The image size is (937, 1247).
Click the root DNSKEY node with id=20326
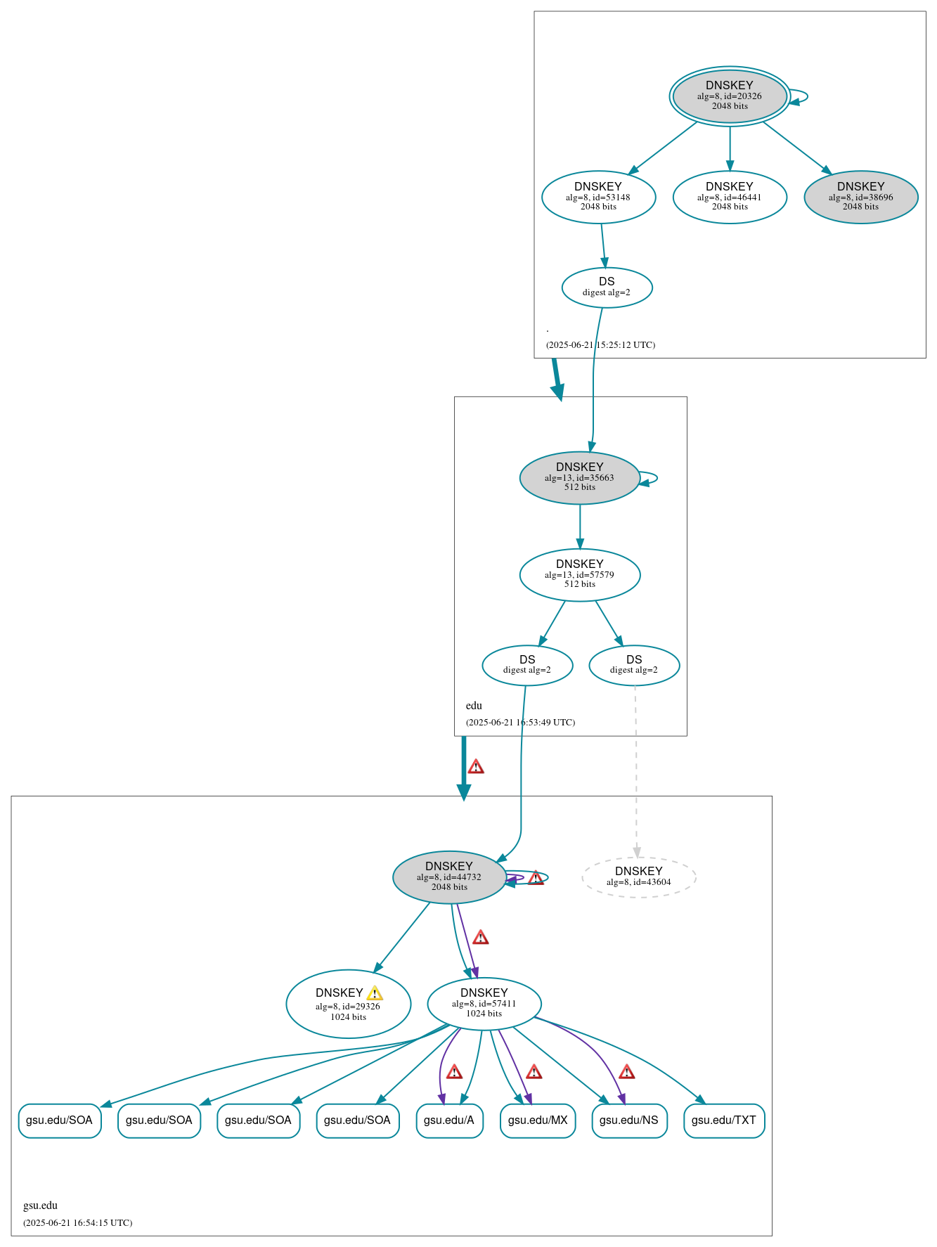coord(729,96)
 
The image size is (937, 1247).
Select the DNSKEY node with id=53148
coord(598,197)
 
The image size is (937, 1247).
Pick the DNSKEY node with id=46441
coord(729,197)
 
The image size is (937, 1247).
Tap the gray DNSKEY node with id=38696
coord(860,197)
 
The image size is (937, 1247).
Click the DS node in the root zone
coord(607,287)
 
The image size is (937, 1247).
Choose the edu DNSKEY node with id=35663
coord(579,477)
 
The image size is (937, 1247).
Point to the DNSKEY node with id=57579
coord(579,574)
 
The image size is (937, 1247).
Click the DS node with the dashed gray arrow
coord(634,665)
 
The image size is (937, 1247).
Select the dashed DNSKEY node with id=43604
coord(638,877)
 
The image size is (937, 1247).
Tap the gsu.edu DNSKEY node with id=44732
coord(448,877)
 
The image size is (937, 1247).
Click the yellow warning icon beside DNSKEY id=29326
coord(375,993)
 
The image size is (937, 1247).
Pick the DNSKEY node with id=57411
coord(484,1003)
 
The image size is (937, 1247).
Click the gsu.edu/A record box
coord(449,1120)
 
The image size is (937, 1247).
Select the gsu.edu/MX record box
coord(538,1120)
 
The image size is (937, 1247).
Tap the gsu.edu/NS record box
coord(629,1120)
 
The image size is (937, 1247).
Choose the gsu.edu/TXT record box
coord(723,1120)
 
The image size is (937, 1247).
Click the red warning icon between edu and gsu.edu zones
coord(476,766)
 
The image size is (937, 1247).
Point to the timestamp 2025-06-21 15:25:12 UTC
coord(600,345)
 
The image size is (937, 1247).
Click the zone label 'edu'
coord(474,706)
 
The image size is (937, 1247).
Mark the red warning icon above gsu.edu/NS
coord(626,1072)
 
